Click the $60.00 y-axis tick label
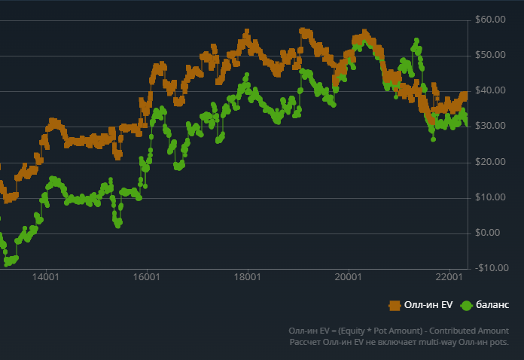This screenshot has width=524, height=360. pos(490,20)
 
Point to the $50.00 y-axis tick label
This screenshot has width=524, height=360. pos(490,55)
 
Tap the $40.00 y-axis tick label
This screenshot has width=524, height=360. pos(490,90)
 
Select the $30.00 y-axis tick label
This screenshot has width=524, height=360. pos(490,126)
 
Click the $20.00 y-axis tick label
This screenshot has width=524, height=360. pos(490,161)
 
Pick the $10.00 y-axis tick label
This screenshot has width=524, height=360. pos(490,197)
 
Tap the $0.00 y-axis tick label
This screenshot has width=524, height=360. pos(492,232)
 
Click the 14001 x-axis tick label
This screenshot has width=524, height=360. pos(46,278)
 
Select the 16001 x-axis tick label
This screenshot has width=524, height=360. pos(146,278)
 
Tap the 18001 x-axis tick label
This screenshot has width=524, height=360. pos(247,278)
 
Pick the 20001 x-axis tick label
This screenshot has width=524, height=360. pos(347,278)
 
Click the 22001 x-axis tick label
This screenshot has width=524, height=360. pos(448,278)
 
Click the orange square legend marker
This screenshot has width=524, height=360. pos(395,305)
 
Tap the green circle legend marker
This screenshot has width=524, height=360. pos(466,305)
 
